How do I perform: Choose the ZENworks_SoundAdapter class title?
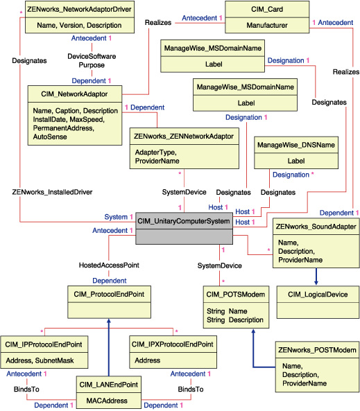point(315,227)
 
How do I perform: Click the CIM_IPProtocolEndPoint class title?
point(44,344)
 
